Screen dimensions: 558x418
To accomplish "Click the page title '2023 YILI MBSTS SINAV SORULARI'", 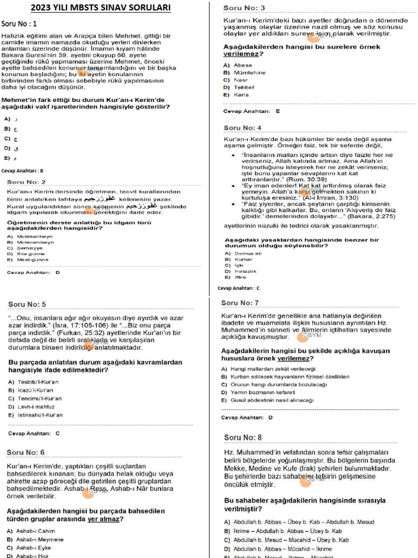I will [100, 8].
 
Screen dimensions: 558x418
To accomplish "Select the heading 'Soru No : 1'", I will [19, 24].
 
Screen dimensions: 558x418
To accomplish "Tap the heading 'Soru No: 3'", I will [244, 8].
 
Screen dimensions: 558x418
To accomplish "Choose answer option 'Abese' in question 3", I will [243, 65].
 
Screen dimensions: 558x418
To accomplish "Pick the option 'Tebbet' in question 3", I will [244, 87].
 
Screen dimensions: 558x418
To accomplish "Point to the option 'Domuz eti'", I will [248, 253].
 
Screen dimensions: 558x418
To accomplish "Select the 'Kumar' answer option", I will [243, 259].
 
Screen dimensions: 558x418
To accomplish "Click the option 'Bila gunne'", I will [30, 254].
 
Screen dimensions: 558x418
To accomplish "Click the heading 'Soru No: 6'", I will [26, 452].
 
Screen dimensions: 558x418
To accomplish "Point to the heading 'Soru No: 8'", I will [243, 438].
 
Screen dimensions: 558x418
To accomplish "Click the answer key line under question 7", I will [247, 417].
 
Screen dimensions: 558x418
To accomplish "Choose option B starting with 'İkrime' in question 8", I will [287, 531].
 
